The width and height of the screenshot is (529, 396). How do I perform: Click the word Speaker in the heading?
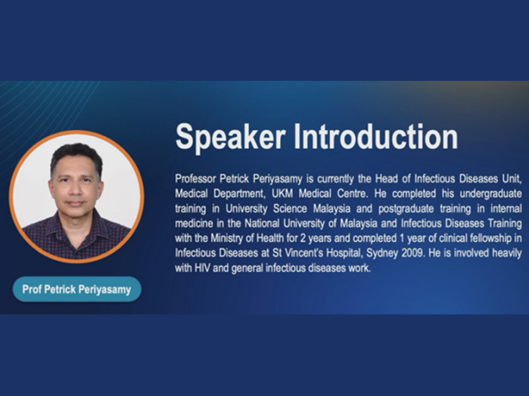230,137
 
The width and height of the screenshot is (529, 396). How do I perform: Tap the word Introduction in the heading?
376,136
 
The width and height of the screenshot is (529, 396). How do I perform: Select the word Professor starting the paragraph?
196,178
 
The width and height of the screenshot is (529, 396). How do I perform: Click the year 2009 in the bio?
412,253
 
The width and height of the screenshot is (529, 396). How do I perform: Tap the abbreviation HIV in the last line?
202,268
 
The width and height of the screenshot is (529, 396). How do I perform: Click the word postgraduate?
406,209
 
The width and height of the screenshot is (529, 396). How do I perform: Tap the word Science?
290,208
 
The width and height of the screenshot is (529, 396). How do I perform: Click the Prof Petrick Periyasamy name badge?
77,289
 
